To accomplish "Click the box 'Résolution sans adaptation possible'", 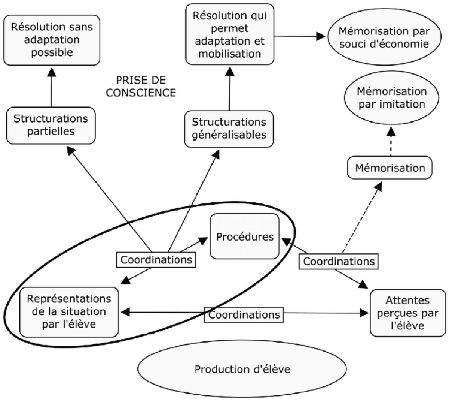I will pos(52,40).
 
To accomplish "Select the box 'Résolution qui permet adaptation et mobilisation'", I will pos(230,34).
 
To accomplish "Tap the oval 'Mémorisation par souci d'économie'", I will pos(384,37).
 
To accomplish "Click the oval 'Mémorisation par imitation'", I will pos(391,97).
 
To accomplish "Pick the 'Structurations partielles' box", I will pos(51,125).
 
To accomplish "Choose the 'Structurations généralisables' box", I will pos(229,128).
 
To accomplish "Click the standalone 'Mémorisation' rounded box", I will pos(390,168).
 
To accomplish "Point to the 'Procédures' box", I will pos(245,237).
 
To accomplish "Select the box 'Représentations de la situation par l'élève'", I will pos(69,311).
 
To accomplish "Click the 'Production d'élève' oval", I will pos(242,370).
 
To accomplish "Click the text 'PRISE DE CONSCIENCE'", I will pos(141,86).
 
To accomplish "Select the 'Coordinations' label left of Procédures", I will pos(157,260).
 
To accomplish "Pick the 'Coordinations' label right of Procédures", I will pos(338,261).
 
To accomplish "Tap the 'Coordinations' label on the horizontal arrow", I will pos(244,314).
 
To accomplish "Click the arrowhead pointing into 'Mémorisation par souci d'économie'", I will pos(320,36).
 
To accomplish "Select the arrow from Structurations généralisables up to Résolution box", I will pos(229,90).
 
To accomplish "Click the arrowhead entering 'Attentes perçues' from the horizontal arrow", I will pos(364,313).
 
